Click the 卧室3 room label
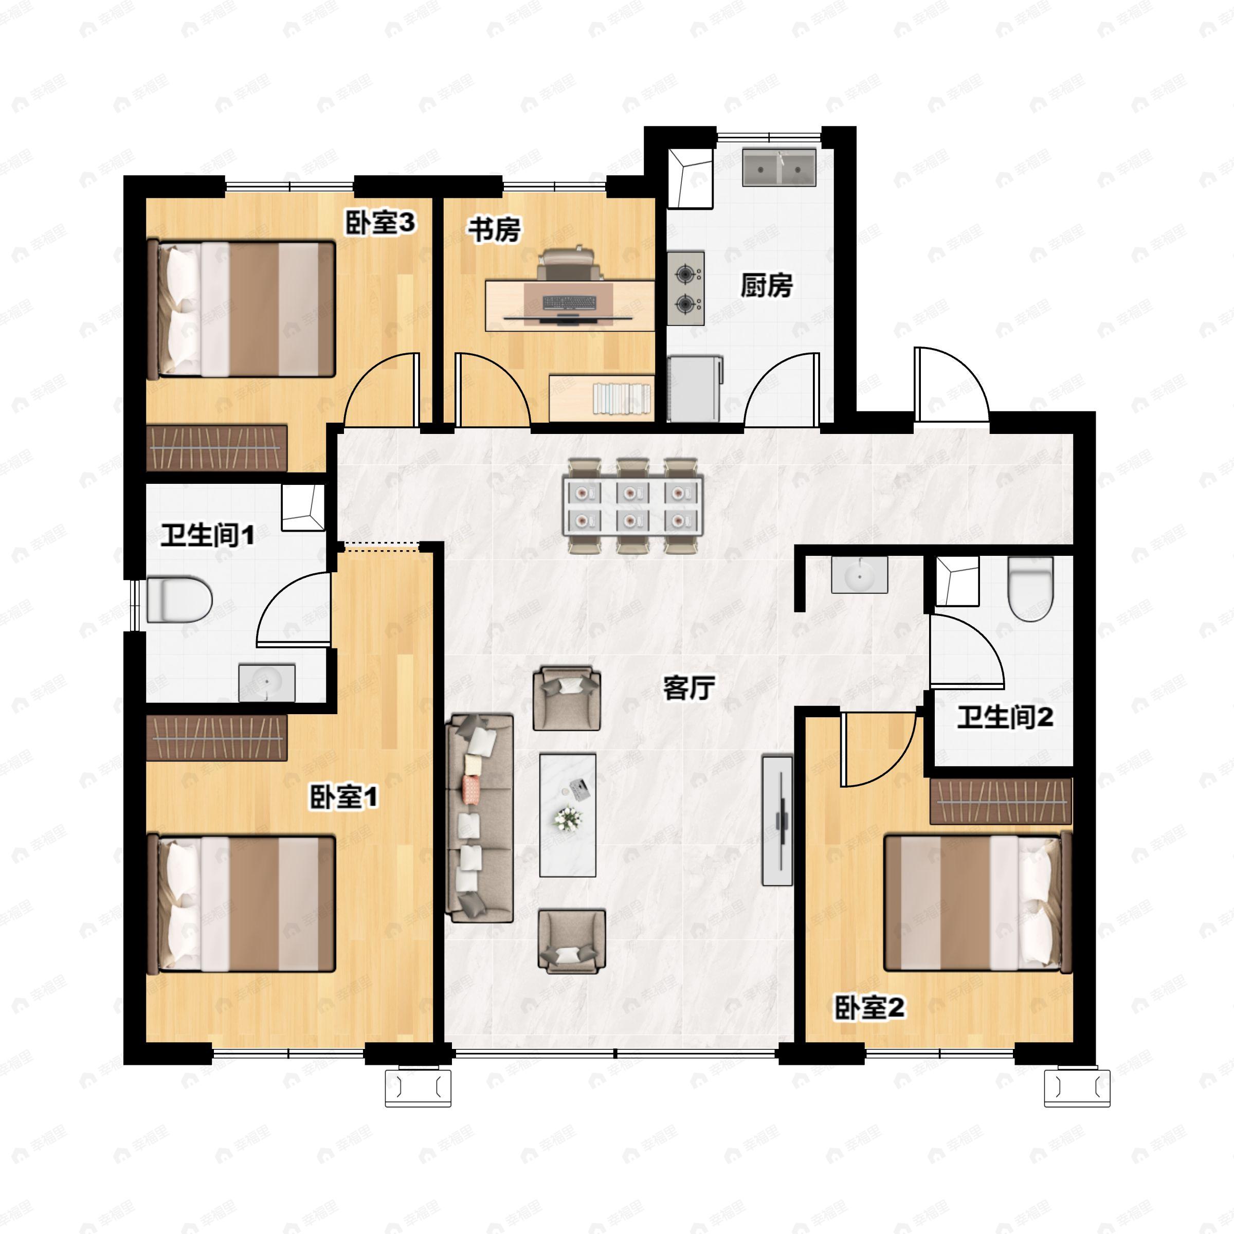(380, 223)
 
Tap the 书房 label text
(495, 230)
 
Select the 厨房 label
(767, 285)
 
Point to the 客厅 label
(688, 688)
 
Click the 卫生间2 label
(1005, 717)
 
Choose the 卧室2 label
(870, 1008)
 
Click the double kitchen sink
(778, 168)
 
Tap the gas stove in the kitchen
(686, 288)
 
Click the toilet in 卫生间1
(179, 599)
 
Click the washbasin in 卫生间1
(267, 683)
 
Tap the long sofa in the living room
(480, 819)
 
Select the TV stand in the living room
(778, 821)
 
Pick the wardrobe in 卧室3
(216, 448)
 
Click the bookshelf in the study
(602, 398)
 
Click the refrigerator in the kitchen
(695, 390)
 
